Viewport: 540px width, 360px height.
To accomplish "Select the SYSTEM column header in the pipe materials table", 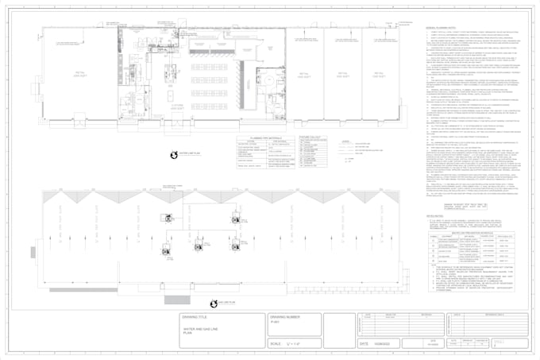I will click(248, 140).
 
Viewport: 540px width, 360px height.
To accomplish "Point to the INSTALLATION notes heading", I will click(436, 214).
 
